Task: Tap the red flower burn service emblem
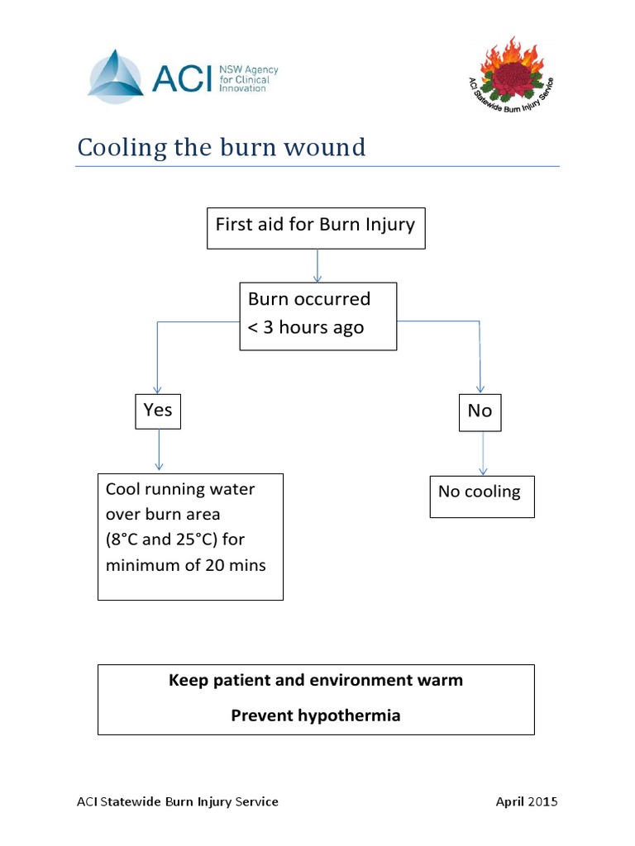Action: pyautogui.click(x=511, y=75)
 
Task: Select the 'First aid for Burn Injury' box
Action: pyautogui.click(x=315, y=227)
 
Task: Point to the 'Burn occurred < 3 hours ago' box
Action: pyautogui.click(x=317, y=316)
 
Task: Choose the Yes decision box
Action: pyautogui.click(x=158, y=410)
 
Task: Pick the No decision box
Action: pyautogui.click(x=480, y=411)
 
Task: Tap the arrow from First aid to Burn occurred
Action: pyautogui.click(x=317, y=265)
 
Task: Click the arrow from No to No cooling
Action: pyautogui.click(x=483, y=454)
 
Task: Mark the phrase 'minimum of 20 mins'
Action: pyautogui.click(x=185, y=567)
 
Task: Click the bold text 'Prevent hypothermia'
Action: pyautogui.click(x=315, y=715)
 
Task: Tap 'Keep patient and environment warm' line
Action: pyautogui.click(x=316, y=680)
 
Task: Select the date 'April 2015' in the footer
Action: pyautogui.click(x=527, y=801)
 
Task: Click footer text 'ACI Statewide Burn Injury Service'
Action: pyautogui.click(x=177, y=801)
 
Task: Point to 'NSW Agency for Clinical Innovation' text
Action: pyautogui.click(x=248, y=79)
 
